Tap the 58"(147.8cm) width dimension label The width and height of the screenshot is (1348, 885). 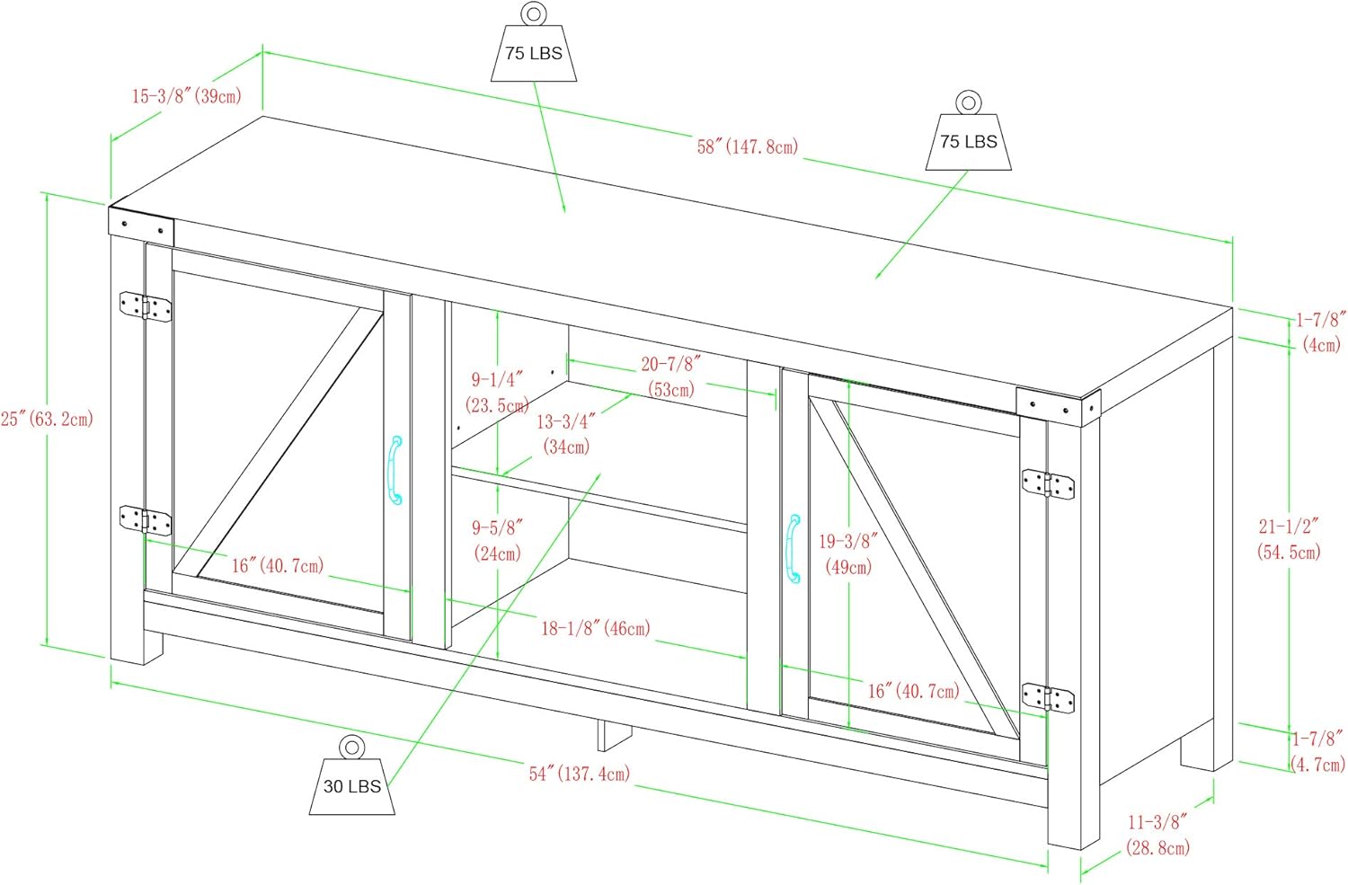(747, 146)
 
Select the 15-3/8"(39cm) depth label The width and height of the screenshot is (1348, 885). (186, 96)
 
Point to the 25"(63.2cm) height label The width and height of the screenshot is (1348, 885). (47, 419)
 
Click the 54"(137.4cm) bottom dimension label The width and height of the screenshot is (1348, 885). (579, 774)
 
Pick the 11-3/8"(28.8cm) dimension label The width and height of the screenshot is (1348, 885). (1157, 834)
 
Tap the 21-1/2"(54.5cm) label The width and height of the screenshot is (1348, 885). (1289, 539)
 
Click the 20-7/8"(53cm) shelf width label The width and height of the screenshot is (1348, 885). (670, 376)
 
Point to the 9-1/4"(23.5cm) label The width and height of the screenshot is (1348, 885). (497, 393)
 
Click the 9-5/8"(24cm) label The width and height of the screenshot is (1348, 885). (497, 540)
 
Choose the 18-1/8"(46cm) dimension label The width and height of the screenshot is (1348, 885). (595, 628)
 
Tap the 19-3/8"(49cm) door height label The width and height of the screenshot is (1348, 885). (847, 553)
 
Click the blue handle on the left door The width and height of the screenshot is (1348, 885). (395, 470)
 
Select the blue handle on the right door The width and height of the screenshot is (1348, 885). (793, 548)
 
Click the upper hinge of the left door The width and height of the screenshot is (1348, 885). (146, 306)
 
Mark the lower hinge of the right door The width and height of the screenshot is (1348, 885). (1048, 697)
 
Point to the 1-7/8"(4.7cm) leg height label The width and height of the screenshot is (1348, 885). (1317, 751)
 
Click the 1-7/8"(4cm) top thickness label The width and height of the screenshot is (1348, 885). (1320, 332)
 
